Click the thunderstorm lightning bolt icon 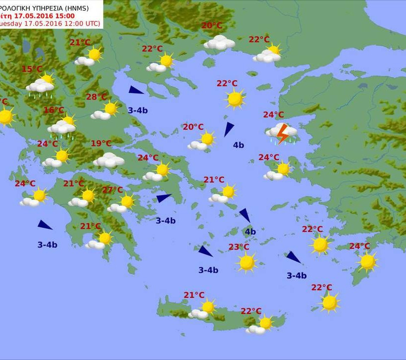283,133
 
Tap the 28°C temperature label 96,97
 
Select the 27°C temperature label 112,190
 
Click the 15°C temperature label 32,69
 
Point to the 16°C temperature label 53,110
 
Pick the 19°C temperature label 101,144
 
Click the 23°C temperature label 239,247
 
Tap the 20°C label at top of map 212,26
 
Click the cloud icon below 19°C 109,160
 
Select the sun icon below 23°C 247,262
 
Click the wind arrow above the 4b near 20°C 228,129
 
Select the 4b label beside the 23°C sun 250,231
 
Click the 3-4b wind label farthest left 47,245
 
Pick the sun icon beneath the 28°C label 110,108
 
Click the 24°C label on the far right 359,246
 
